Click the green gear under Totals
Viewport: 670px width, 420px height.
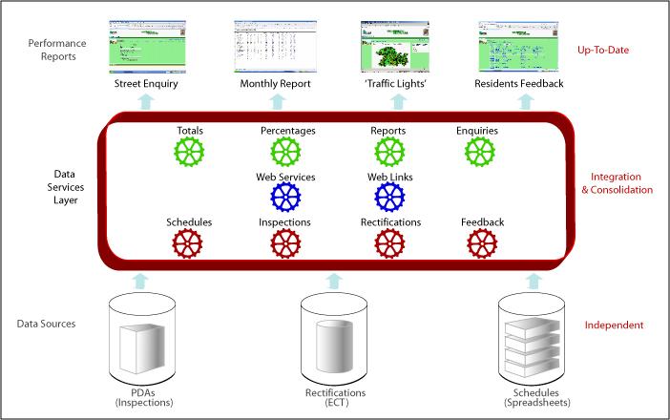[x=190, y=153]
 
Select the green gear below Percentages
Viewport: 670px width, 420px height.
[x=285, y=153]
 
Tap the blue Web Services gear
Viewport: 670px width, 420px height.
[x=285, y=198]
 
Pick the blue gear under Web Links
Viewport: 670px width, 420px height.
[x=390, y=198]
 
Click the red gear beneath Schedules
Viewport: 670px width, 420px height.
[x=188, y=244]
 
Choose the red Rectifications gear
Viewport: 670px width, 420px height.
[x=389, y=244]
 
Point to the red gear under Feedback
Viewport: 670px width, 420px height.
[x=481, y=244]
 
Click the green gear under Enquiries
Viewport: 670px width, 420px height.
[x=480, y=153]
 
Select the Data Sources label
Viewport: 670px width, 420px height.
[x=47, y=325]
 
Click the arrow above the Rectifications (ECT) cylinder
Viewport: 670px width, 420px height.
[x=334, y=280]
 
